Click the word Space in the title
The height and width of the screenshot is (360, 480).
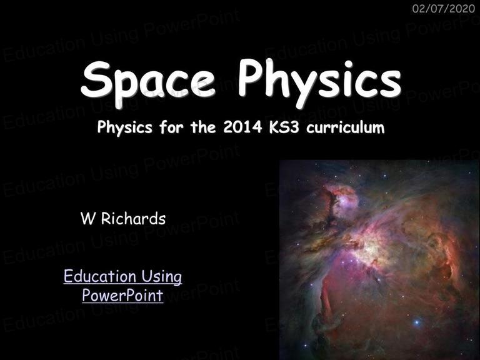[x=148, y=81]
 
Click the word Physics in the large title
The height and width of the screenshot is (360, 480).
[x=319, y=81]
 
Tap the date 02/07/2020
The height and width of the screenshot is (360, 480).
[x=444, y=9]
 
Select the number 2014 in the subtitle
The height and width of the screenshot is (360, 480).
[x=242, y=126]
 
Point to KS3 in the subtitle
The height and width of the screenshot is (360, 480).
[x=284, y=126]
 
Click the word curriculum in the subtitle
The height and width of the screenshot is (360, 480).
[x=345, y=126]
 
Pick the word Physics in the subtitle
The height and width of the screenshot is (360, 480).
[x=124, y=127]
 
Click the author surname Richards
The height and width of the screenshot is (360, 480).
[x=134, y=219]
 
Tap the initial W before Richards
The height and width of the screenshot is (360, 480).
[x=87, y=219]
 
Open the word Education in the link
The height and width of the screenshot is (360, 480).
[x=100, y=276]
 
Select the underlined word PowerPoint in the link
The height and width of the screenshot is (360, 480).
[x=122, y=296]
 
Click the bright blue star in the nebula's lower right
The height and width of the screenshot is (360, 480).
[x=417, y=322]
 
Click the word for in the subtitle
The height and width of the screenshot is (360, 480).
[x=171, y=126]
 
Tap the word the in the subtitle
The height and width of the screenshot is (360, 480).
[x=203, y=126]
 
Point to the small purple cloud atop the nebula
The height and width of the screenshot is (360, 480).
[x=346, y=199]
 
